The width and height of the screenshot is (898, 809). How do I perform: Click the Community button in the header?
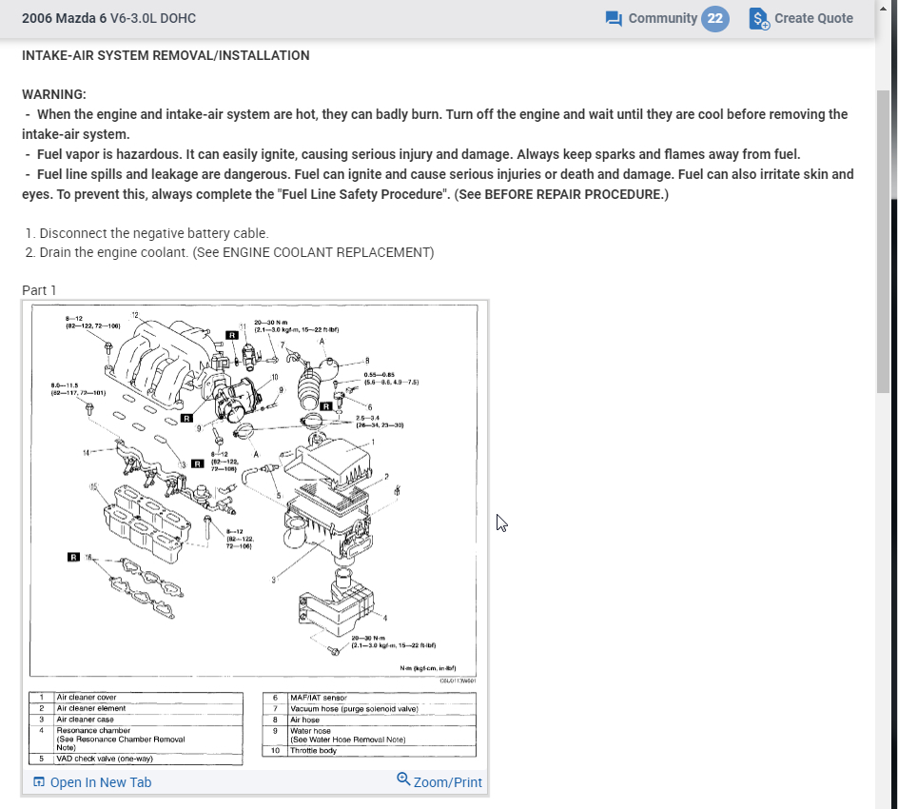652,18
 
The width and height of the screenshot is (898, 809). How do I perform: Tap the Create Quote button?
801,18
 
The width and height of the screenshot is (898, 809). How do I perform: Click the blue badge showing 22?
715,18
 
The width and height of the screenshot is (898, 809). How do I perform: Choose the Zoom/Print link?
439,781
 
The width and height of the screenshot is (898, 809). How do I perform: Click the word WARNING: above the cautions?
54,94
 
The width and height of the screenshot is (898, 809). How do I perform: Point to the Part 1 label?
40,290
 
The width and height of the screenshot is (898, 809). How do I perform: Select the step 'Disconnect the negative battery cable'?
154,233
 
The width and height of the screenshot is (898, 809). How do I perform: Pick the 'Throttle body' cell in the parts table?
314,751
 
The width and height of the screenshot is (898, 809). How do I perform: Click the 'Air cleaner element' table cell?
90,709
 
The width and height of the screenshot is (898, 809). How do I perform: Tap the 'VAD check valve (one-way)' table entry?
105,759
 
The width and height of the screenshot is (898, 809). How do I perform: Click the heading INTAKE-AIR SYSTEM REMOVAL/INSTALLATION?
166,55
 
